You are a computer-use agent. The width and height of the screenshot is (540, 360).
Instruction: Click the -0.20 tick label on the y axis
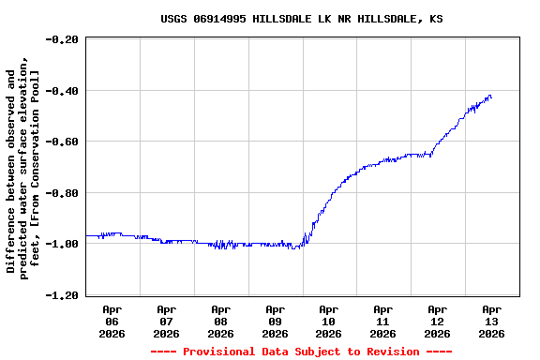63,39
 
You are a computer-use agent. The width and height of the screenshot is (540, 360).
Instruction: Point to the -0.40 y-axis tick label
63,91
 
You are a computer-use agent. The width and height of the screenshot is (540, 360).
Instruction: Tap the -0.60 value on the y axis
63,142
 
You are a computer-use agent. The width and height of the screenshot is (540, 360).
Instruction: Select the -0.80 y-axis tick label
63,193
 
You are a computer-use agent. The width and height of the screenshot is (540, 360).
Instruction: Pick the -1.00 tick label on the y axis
63,244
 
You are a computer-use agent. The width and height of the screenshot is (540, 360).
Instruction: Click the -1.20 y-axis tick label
63,295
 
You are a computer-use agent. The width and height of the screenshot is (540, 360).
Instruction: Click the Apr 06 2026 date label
112,321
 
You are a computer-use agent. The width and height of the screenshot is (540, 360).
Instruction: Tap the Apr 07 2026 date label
167,321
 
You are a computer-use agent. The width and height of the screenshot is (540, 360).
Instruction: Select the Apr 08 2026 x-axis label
221,321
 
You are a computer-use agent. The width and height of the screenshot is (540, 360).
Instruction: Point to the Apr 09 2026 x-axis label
275,321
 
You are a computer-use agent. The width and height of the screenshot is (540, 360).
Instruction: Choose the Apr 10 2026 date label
329,321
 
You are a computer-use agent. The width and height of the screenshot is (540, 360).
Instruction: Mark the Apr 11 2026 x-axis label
383,321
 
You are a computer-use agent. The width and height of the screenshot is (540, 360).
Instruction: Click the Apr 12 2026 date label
438,321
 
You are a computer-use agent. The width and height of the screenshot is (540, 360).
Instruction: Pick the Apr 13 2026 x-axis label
491,321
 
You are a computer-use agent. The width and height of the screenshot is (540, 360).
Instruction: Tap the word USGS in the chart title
174,19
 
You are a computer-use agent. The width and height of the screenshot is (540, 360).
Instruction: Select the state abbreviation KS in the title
437,19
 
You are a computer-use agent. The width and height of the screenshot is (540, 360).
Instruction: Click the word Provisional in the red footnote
219,352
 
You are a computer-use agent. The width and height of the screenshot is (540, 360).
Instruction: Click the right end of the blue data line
491,97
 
